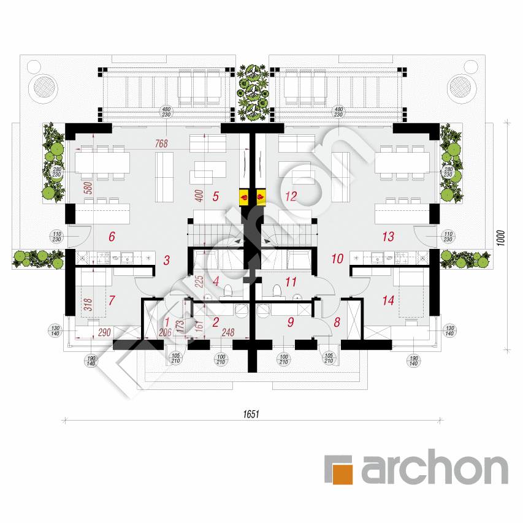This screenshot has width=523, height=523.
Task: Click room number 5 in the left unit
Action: click(215, 197)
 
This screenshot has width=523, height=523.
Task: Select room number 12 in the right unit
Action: click(291, 197)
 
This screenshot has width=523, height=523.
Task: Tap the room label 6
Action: click(112, 236)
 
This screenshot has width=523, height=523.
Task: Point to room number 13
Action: click(387, 237)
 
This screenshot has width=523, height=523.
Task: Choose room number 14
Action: click(387, 300)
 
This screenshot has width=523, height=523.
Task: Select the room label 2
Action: click(215, 321)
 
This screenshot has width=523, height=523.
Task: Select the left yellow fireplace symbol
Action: click(243, 197)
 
